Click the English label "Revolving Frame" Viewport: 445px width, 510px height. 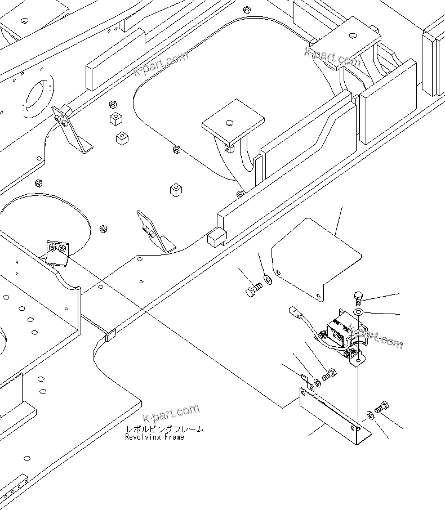tap(154, 437)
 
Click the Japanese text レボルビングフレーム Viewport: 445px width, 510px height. tap(164, 430)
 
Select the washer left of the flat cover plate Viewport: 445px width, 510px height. tap(268, 278)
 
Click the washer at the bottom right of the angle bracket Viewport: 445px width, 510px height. tap(370, 415)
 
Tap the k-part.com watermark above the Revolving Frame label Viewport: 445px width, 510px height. tap(171, 414)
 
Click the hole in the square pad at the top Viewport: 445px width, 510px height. tap(352, 35)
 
